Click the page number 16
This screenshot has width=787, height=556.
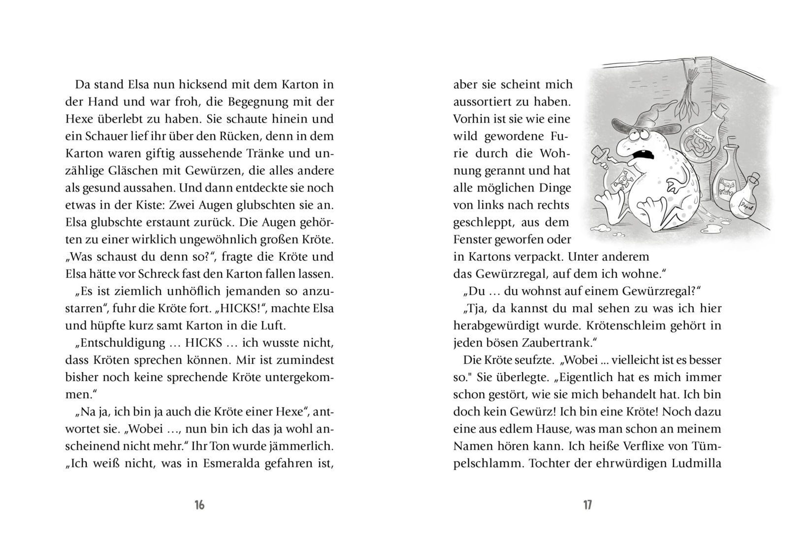coord(199,505)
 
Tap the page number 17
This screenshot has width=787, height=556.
coord(588,505)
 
